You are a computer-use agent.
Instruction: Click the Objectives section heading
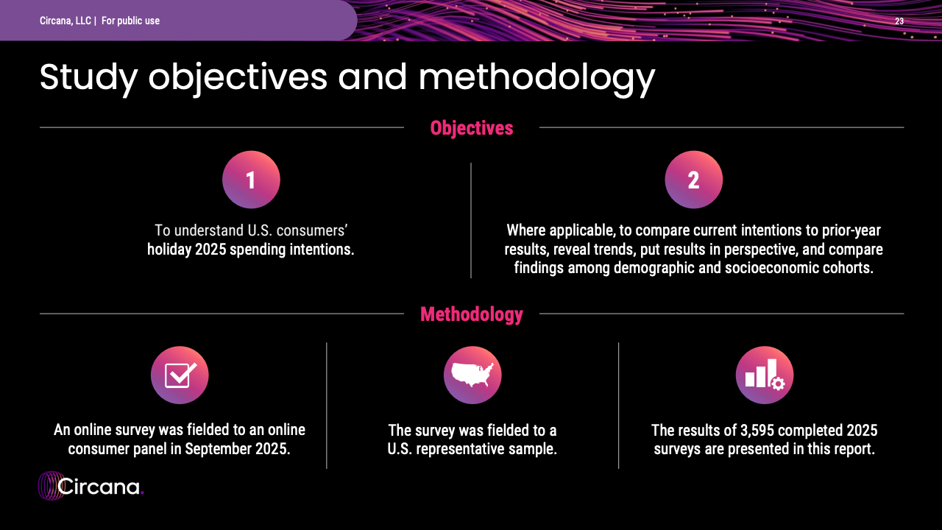[x=472, y=128]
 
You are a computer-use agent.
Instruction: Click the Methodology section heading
[x=472, y=314]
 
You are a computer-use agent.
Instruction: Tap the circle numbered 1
[x=251, y=180]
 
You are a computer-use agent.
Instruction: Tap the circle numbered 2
[x=693, y=180]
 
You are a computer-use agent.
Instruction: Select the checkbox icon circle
[x=180, y=375]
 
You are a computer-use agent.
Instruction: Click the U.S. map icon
[x=472, y=375]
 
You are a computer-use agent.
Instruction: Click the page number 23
[x=899, y=21]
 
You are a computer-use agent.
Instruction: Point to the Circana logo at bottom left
[x=91, y=486]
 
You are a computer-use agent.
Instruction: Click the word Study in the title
[x=89, y=79]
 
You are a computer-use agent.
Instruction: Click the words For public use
[x=130, y=21]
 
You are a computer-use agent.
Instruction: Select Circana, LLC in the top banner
[x=65, y=21]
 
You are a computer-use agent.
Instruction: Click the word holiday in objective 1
[x=169, y=250]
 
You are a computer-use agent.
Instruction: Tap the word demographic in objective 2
[x=655, y=269]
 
